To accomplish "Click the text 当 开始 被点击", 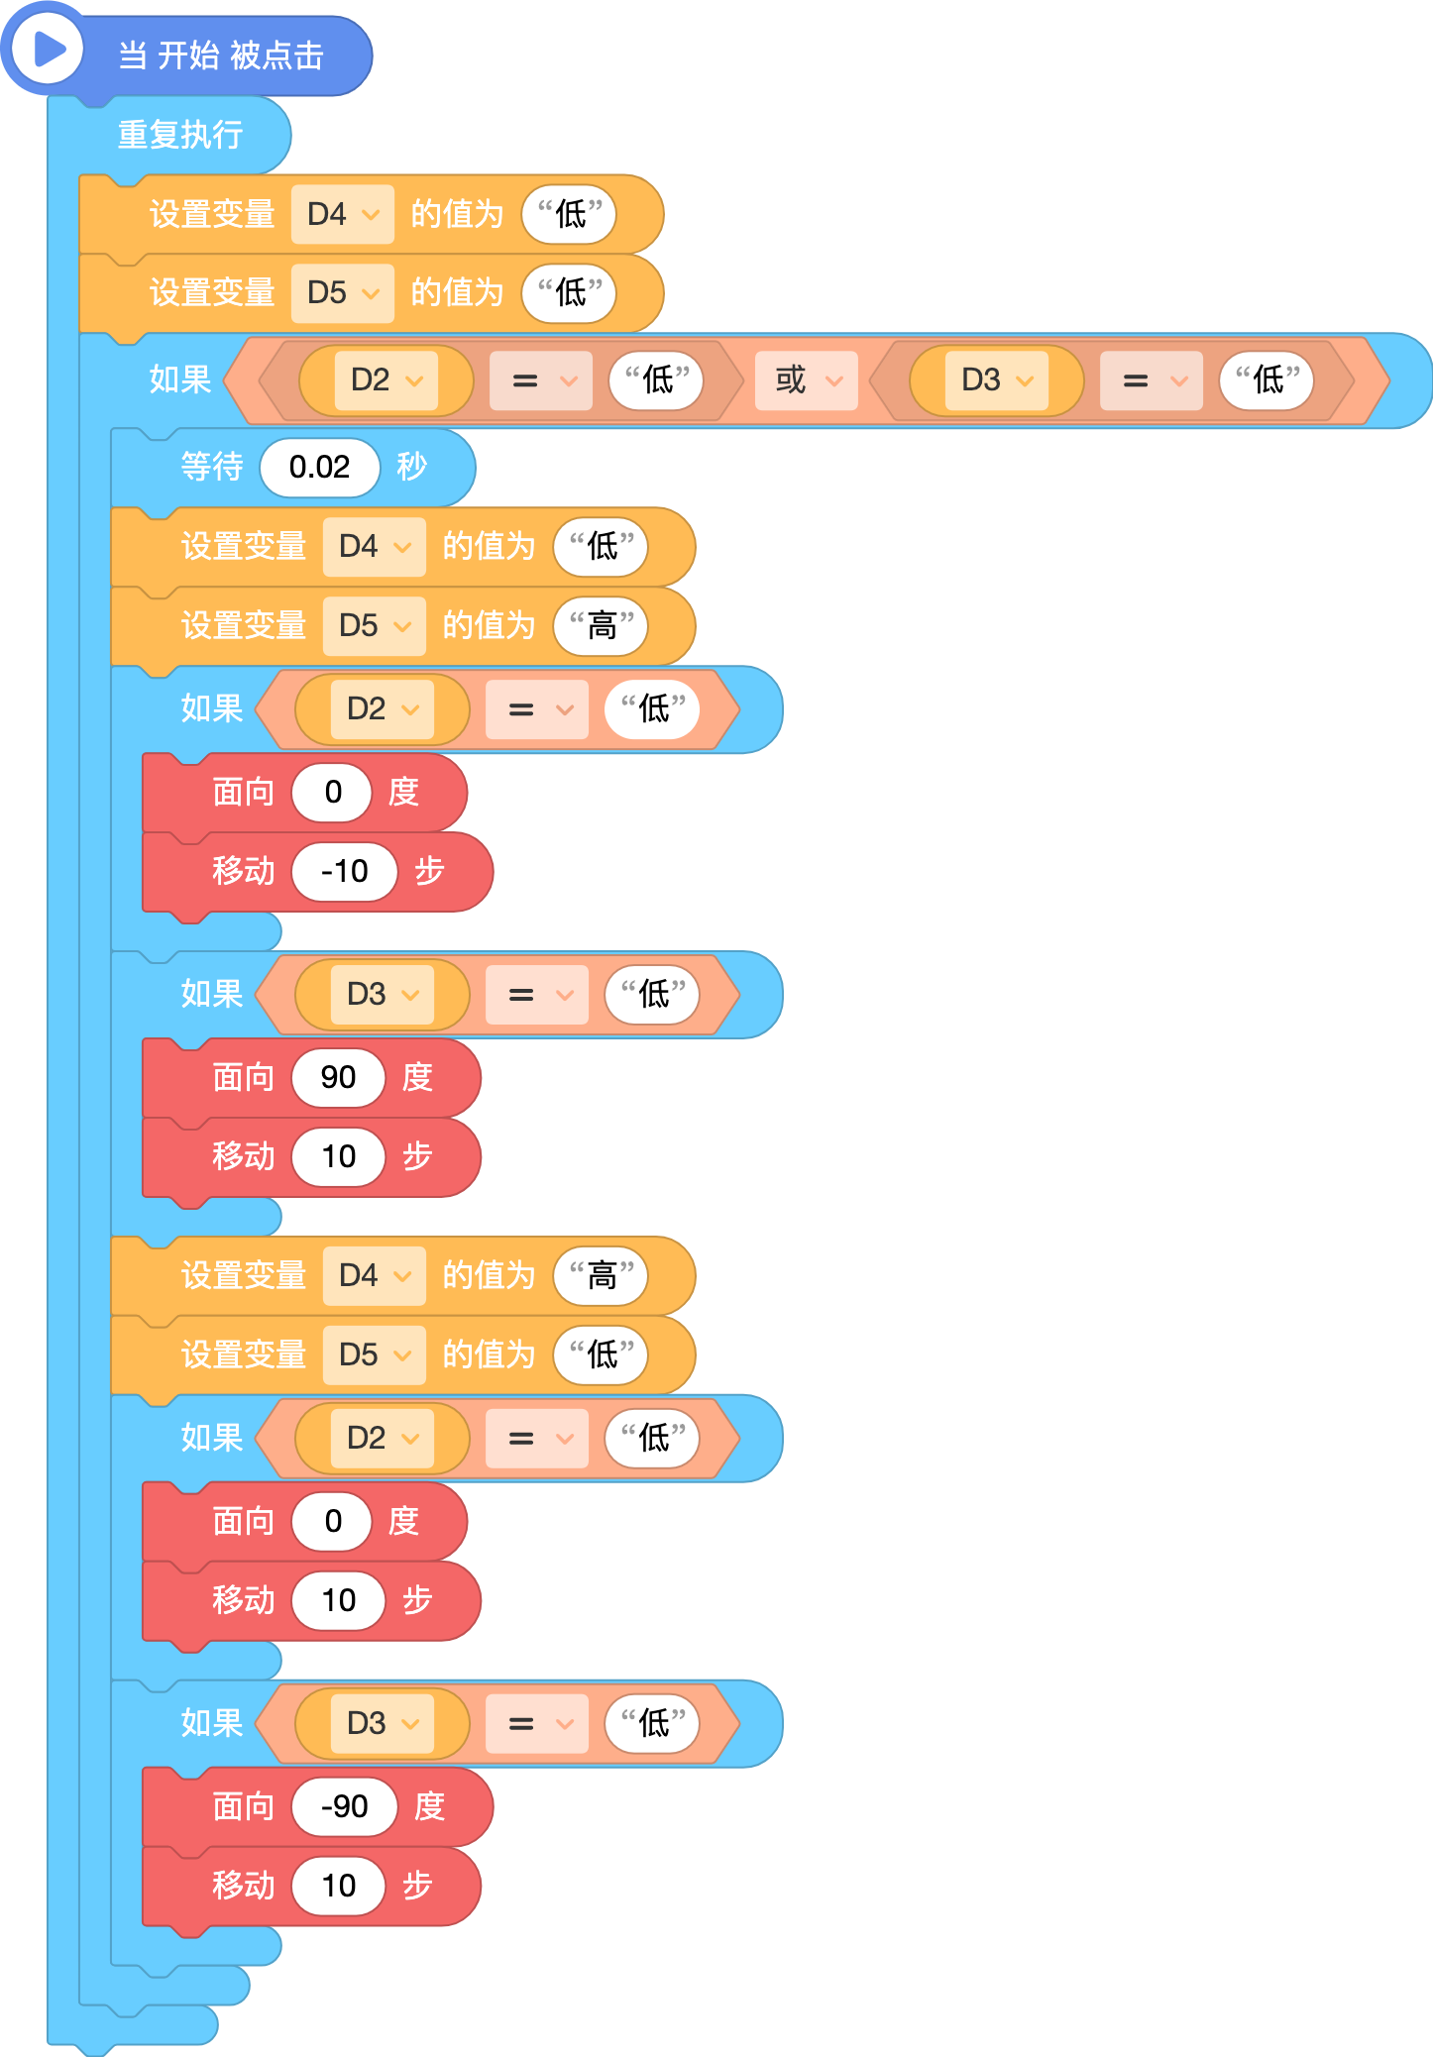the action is point(221,55).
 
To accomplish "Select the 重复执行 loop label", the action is point(180,135).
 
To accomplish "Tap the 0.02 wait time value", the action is point(319,467).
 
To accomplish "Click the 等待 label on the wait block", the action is point(212,467).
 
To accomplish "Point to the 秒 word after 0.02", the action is point(412,467).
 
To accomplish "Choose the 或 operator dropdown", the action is point(807,380).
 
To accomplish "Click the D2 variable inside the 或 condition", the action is point(386,380).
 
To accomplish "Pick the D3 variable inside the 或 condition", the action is point(996,380).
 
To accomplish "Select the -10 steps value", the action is point(344,872).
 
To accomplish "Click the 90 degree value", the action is point(338,1077).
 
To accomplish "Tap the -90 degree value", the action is point(344,1806).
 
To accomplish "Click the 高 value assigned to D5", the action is point(601,626).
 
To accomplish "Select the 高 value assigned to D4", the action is point(601,1275).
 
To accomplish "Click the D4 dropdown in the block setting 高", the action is point(375,1275).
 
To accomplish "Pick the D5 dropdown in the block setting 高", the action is point(375,626).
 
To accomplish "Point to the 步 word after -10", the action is point(429,872).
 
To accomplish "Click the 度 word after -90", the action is point(429,1806).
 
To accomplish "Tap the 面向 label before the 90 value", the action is point(244,1077).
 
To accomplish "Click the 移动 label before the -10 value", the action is point(244,872).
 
